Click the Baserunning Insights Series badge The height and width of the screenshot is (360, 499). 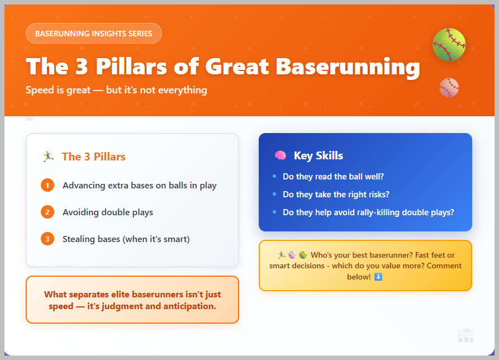(93, 33)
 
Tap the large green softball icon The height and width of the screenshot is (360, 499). (449, 44)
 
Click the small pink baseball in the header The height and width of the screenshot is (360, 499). (449, 88)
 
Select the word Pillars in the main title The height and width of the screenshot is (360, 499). (131, 67)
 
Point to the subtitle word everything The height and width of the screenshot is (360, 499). (182, 90)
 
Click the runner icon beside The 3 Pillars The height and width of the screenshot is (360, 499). (48, 157)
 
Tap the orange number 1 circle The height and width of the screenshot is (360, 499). (47, 185)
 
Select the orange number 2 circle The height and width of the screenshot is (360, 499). (47, 212)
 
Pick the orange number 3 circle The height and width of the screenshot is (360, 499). (47, 239)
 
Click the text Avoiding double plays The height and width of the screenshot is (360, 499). (107, 212)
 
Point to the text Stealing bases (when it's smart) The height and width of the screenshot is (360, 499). (126, 239)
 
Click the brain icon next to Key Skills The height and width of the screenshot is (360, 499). (281, 155)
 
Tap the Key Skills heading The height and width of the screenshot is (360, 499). (319, 155)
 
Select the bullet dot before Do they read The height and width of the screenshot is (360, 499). (274, 176)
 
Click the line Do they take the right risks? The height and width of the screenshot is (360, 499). (336, 195)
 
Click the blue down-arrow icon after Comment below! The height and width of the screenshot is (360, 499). (378, 277)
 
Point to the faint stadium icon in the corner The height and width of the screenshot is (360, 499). (466, 335)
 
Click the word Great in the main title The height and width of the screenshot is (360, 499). (237, 67)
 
